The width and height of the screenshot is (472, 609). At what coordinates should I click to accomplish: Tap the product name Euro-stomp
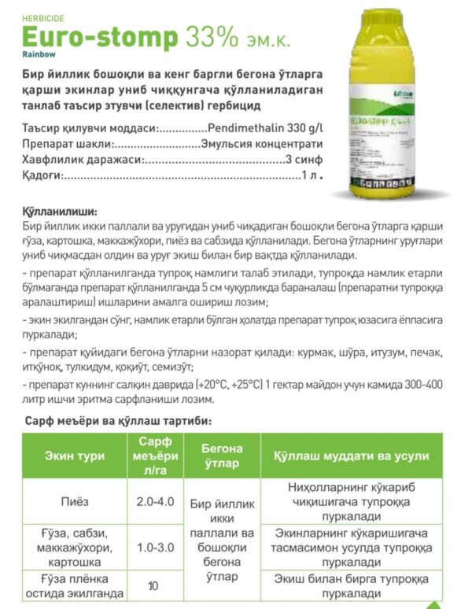point(99,38)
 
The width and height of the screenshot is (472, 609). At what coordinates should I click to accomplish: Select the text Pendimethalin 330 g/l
point(265,127)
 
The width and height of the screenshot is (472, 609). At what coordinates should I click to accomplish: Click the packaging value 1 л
point(312,175)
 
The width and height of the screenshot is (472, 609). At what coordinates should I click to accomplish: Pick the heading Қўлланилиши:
point(59,212)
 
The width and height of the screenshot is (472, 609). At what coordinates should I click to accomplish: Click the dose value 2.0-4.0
point(155,500)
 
